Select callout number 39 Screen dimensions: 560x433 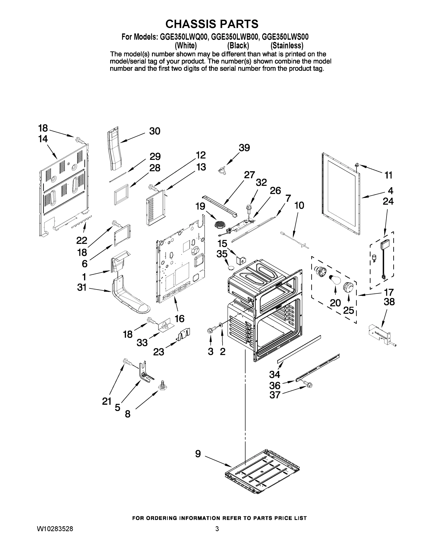click(244, 148)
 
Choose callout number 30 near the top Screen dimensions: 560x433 click(155, 131)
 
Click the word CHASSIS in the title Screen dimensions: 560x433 click(189, 24)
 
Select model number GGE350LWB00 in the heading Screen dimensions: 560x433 click(234, 37)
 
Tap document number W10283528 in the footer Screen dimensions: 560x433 click(55, 529)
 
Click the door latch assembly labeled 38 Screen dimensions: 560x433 click(380, 335)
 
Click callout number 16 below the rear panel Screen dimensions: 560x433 click(180, 318)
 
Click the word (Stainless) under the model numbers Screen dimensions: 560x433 click(287, 46)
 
